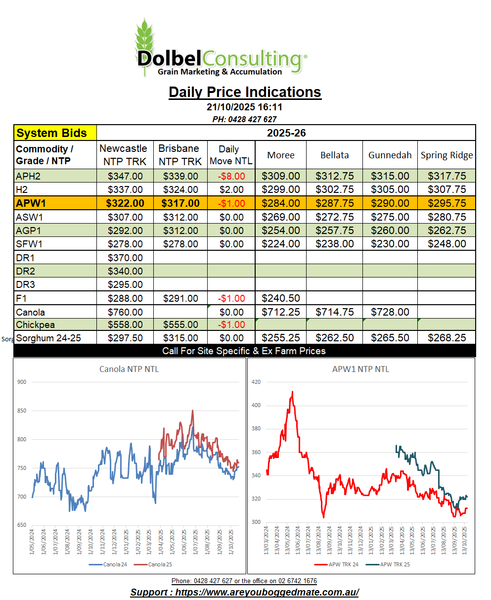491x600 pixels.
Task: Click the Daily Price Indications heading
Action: [245, 92]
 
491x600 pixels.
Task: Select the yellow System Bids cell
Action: [55, 133]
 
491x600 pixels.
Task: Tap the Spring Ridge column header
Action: [446, 155]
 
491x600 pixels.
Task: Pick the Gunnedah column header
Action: [390, 155]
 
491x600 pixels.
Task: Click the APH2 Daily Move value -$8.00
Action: [231, 176]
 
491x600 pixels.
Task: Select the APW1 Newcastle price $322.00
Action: [125, 203]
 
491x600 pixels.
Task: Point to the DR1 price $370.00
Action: [125, 258]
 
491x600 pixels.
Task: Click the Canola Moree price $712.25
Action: [280, 312]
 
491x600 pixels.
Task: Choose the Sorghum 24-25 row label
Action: [48, 338]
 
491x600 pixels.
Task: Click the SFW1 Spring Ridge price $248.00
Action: [446, 244]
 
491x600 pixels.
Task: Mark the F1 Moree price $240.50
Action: [280, 298]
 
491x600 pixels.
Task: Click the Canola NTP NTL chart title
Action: [129, 369]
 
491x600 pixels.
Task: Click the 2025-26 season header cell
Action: [286, 133]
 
